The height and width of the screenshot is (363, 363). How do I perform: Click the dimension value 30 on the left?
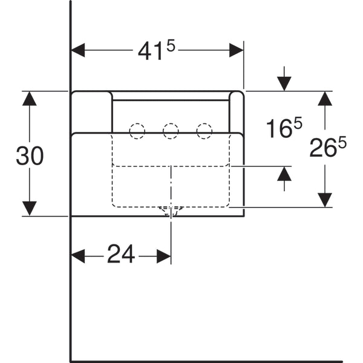(30, 156)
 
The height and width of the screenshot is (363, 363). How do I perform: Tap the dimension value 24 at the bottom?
(121, 253)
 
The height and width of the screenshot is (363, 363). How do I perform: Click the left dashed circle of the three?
(137, 131)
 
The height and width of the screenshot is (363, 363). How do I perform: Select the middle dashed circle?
(171, 131)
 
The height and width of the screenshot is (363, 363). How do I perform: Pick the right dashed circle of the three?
(204, 131)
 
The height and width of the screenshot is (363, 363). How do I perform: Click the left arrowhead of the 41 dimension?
(78, 50)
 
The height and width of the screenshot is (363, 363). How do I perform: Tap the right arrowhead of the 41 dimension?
(236, 50)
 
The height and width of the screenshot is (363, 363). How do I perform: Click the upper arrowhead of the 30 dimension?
(30, 99)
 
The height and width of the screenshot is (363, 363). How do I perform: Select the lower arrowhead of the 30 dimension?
(30, 209)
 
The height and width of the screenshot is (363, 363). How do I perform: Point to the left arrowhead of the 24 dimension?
(78, 257)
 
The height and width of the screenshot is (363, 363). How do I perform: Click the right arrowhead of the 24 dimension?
(164, 257)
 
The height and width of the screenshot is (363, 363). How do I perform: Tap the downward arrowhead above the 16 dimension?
(284, 84)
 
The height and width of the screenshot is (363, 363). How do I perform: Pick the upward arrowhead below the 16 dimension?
(284, 174)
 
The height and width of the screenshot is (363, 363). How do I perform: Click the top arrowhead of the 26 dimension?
(325, 99)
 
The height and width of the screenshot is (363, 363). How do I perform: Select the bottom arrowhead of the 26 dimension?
(325, 200)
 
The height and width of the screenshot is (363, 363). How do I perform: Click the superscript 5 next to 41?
(171, 47)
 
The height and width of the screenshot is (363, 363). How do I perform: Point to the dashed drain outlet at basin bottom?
(171, 211)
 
